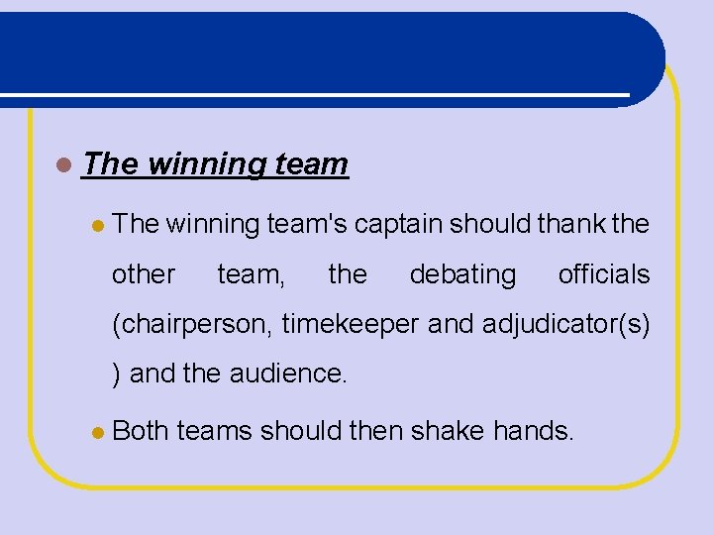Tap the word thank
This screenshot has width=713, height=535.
(571, 225)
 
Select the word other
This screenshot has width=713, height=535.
(144, 274)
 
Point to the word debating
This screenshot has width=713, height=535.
(462, 274)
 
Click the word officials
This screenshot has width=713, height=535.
(604, 274)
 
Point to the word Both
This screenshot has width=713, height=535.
(142, 431)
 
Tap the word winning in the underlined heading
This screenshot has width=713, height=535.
(203, 163)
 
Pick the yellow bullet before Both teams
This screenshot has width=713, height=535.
(97, 432)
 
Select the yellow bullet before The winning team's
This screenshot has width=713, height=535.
(97, 226)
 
